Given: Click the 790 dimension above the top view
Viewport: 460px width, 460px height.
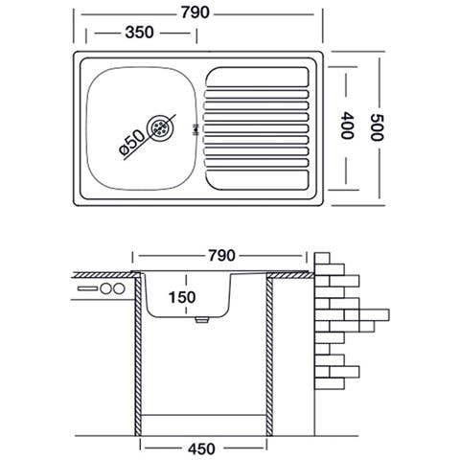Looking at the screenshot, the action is pyautogui.click(x=195, y=12).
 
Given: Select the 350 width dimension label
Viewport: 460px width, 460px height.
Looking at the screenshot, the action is pyautogui.click(x=140, y=33).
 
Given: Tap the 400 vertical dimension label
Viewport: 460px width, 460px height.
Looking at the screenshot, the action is pyautogui.click(x=347, y=126).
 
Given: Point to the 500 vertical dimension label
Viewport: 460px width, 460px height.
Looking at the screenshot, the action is pyautogui.click(x=377, y=127).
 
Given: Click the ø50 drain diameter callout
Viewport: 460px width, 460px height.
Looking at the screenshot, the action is pyautogui.click(x=131, y=143).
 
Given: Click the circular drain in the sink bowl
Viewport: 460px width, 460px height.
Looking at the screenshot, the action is pyautogui.click(x=160, y=128).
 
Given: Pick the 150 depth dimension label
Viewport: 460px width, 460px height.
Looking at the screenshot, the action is pyautogui.click(x=182, y=297).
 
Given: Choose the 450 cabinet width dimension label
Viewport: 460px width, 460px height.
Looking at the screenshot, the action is pyautogui.click(x=201, y=448).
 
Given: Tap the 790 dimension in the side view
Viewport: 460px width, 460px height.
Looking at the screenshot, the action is pyautogui.click(x=221, y=256).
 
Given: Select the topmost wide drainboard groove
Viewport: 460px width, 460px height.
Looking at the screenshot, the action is pyautogui.click(x=258, y=77).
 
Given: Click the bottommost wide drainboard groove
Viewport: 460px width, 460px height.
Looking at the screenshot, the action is pyautogui.click(x=258, y=180).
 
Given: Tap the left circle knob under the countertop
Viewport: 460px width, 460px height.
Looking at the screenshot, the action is pyautogui.click(x=105, y=288).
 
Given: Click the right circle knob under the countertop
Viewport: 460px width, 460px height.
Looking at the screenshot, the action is pyautogui.click(x=119, y=288).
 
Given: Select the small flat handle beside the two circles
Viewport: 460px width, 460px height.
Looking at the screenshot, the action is pyautogui.click(x=87, y=288).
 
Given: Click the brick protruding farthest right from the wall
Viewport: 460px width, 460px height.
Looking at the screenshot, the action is pyautogui.click(x=374, y=314).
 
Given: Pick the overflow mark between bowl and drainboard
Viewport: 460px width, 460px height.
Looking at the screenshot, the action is pyautogui.click(x=195, y=130).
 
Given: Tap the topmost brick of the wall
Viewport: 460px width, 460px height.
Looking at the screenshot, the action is pyautogui.click(x=322, y=258).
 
